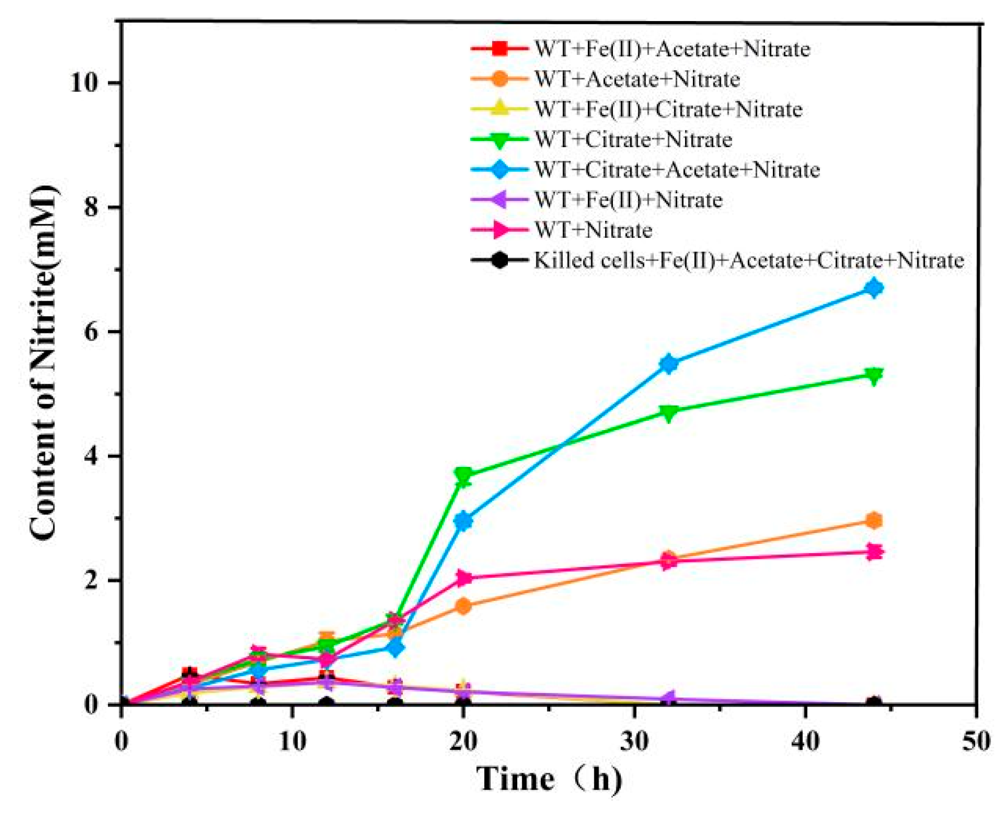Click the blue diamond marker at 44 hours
click(873, 288)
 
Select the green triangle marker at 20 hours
click(464, 475)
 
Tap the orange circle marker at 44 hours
click(873, 520)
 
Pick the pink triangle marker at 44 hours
click(873, 552)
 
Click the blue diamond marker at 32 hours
click(669, 363)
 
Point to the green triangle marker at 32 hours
click(669, 411)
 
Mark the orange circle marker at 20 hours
click(464, 606)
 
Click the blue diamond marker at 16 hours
click(396, 648)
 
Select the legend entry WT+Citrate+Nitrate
click(633, 140)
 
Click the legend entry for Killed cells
click(748, 260)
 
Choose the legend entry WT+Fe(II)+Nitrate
click(628, 200)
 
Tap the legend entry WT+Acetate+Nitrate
click(637, 79)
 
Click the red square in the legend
click(499, 49)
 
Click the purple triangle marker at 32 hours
click(669, 698)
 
